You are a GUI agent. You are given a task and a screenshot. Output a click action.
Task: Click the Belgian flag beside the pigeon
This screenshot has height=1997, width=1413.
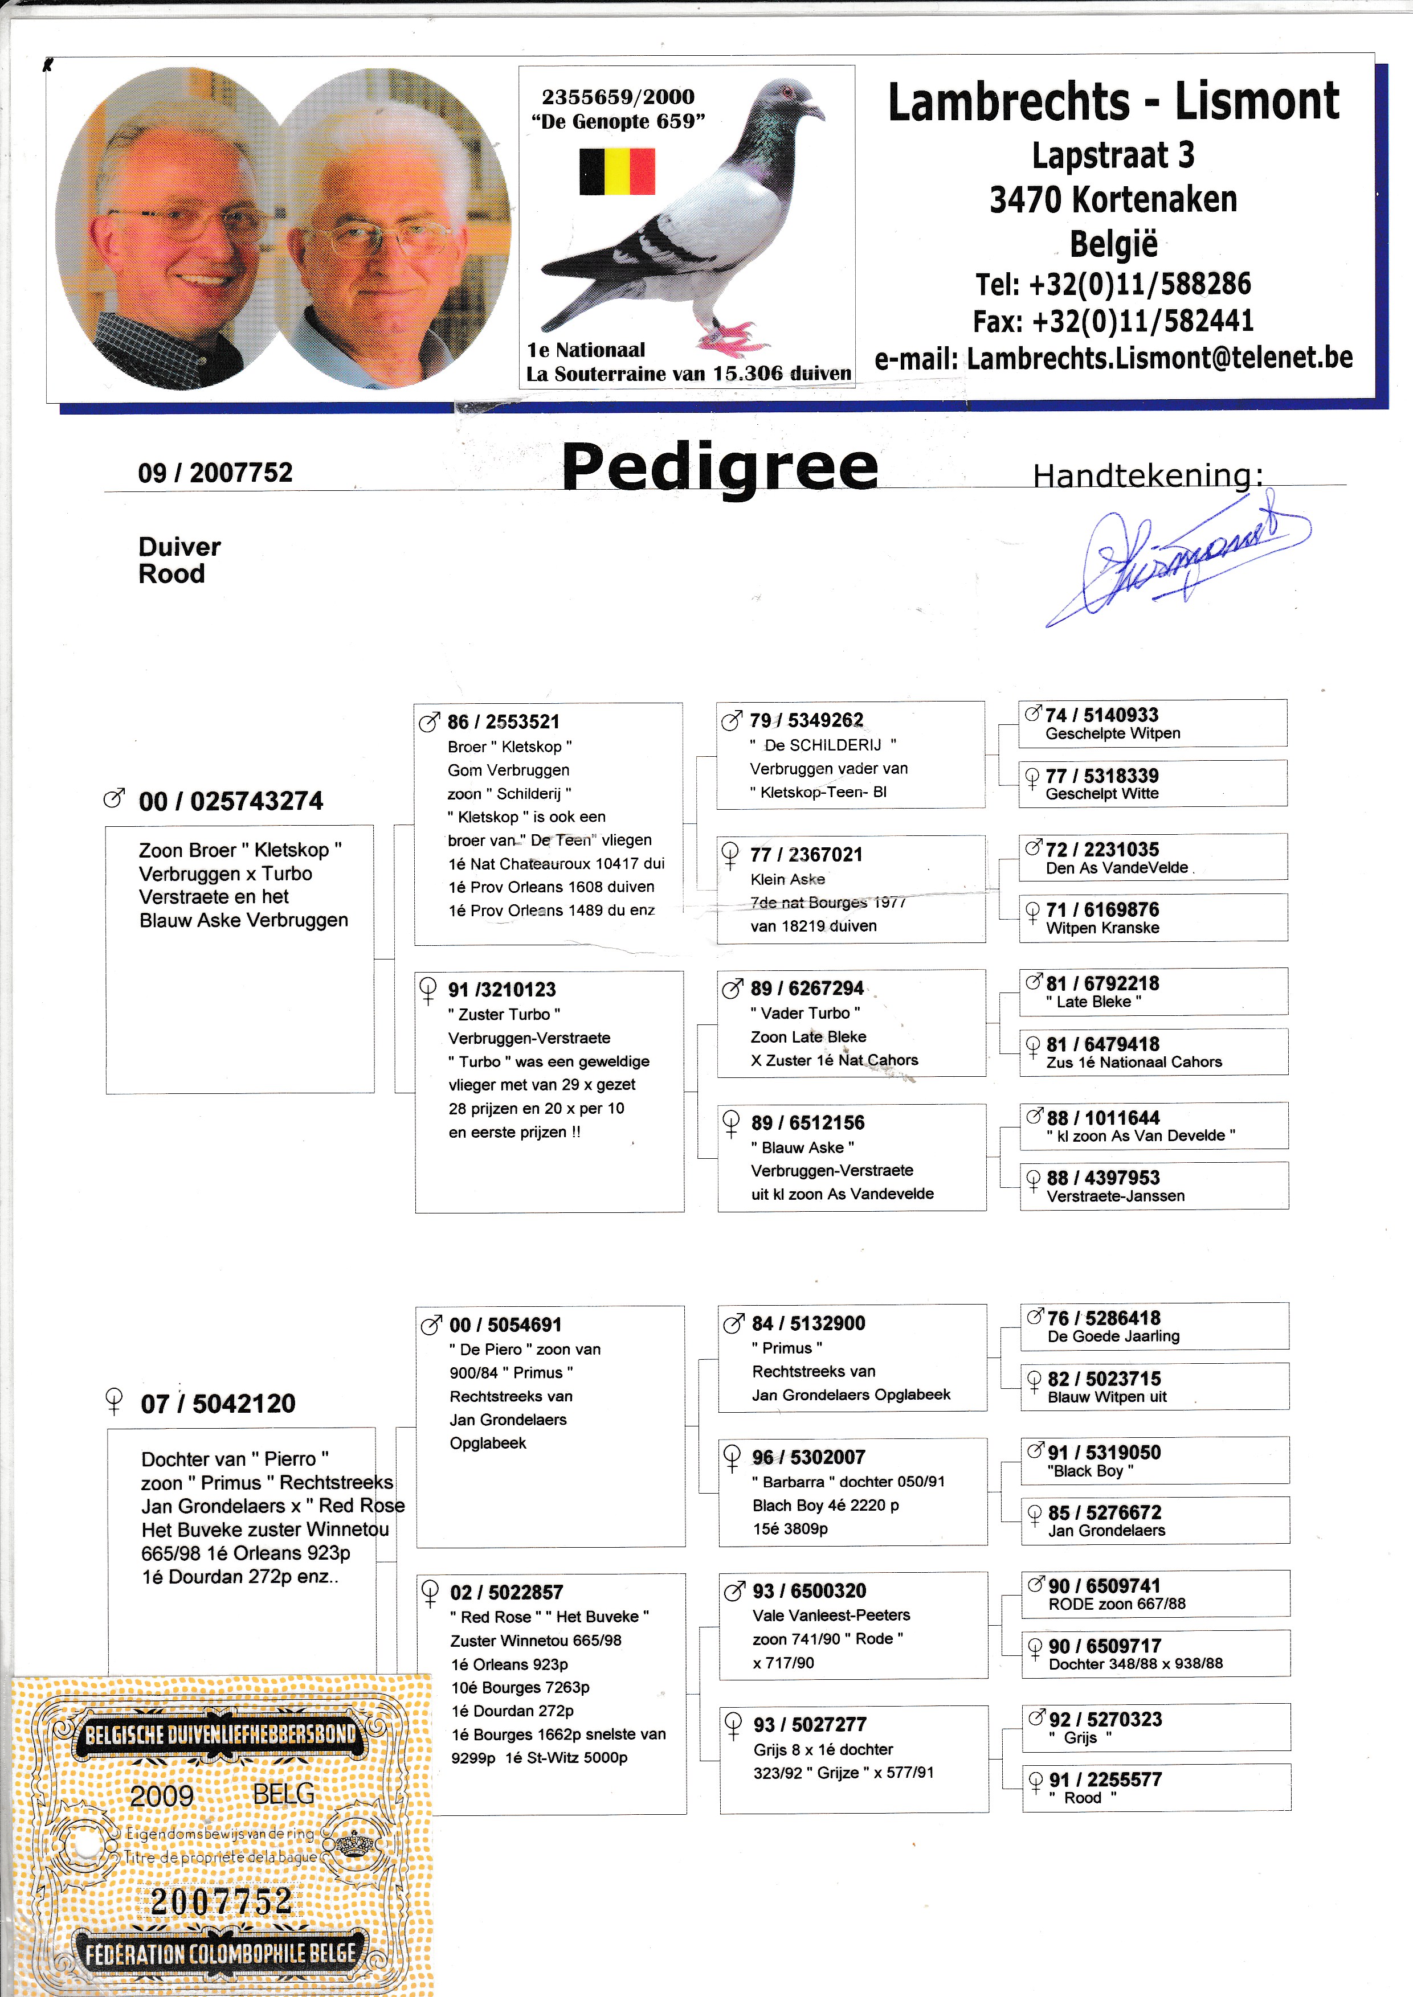tap(617, 171)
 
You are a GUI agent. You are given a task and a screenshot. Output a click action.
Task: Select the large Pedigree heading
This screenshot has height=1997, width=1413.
tap(720, 467)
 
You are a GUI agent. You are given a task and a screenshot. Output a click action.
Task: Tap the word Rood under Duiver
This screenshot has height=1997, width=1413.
tap(171, 574)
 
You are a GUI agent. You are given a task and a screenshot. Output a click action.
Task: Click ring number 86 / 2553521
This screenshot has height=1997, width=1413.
tap(503, 722)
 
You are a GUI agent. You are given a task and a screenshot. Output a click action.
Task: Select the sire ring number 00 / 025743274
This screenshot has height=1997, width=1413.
tap(231, 801)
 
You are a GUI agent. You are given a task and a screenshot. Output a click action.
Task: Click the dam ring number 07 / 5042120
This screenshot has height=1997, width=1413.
tap(218, 1403)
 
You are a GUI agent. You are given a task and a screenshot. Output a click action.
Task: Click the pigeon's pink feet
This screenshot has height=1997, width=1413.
tap(729, 336)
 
